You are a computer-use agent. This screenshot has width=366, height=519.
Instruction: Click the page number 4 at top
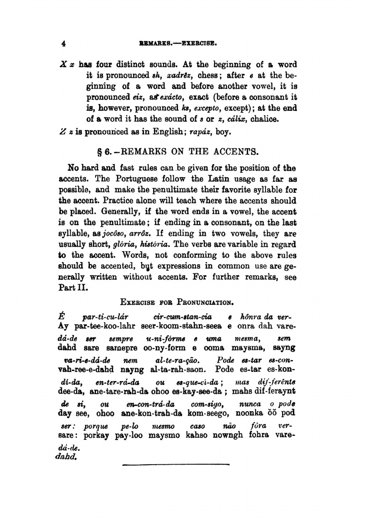click(64, 44)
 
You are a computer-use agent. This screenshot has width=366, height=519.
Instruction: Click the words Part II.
click(73, 287)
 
